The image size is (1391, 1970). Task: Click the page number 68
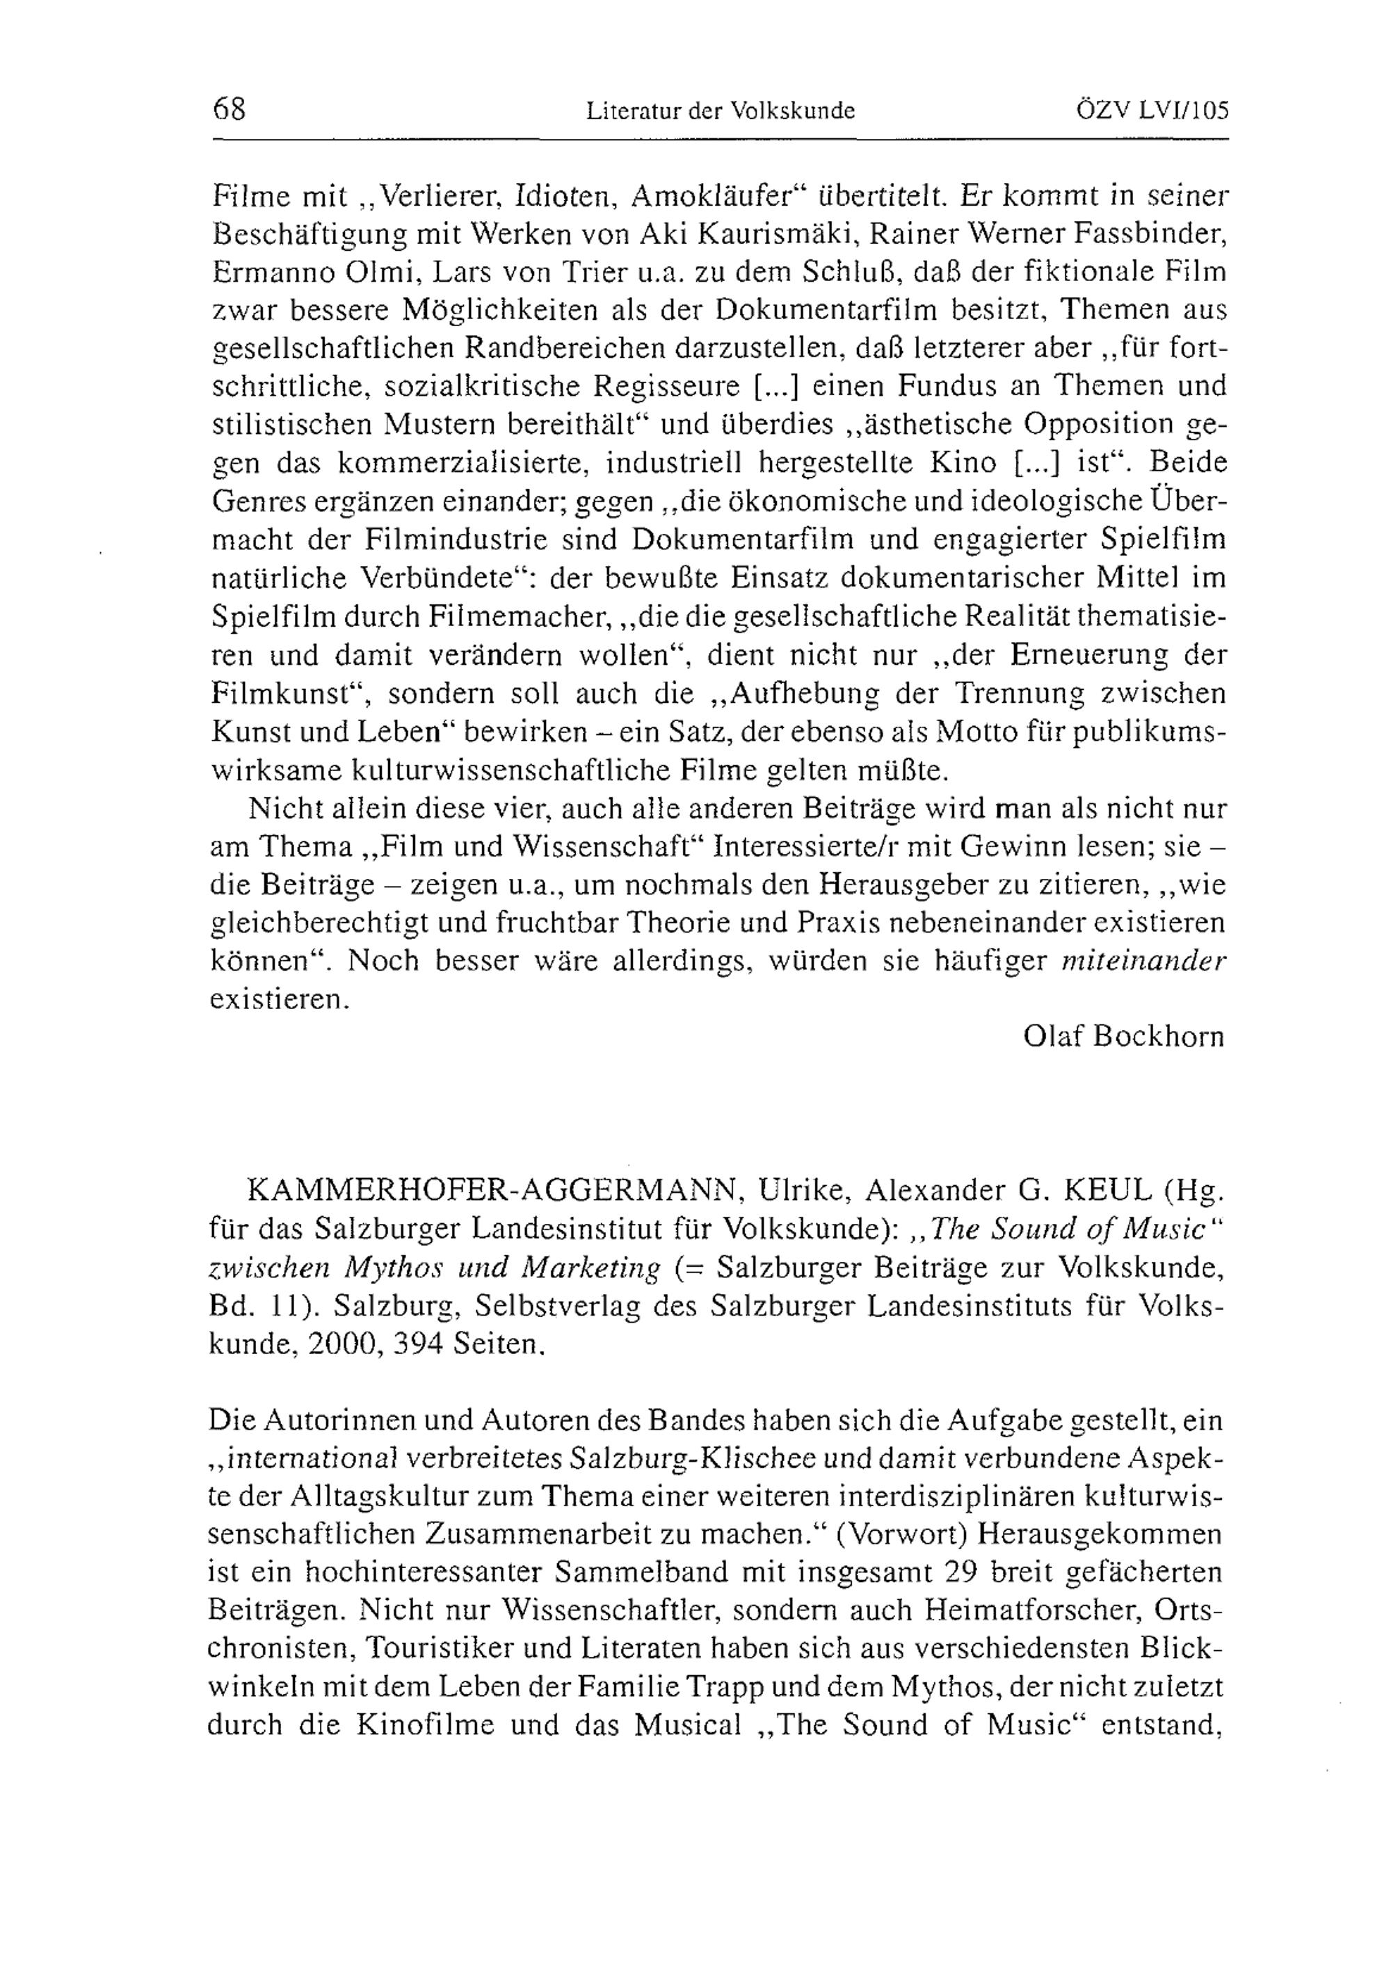[x=228, y=109]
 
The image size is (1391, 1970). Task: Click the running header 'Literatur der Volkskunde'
[x=721, y=111]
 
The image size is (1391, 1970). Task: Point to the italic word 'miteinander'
[x=1143, y=962]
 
